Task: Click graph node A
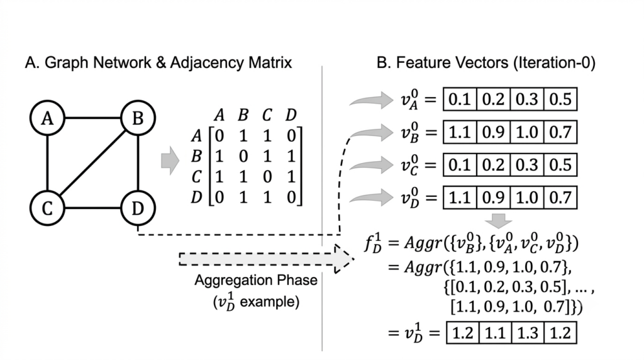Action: (x=48, y=118)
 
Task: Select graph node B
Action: (x=138, y=118)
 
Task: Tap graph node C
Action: (x=48, y=208)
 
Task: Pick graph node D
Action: (x=138, y=208)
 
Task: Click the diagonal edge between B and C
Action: (x=93, y=163)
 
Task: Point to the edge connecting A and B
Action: (x=93, y=118)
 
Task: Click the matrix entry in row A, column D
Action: (x=291, y=135)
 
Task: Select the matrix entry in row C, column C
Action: (x=267, y=177)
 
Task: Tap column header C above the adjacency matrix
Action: (x=267, y=115)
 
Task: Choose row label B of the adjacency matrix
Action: (x=197, y=156)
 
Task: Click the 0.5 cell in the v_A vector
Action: (x=560, y=99)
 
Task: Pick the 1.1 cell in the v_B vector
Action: (x=460, y=132)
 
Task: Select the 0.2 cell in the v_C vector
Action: (x=493, y=165)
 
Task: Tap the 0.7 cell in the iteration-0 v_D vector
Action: (x=560, y=198)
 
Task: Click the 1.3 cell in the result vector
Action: (x=528, y=332)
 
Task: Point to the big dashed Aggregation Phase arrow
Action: (x=267, y=259)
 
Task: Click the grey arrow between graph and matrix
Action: (x=170, y=160)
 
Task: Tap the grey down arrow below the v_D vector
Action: (x=499, y=221)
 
